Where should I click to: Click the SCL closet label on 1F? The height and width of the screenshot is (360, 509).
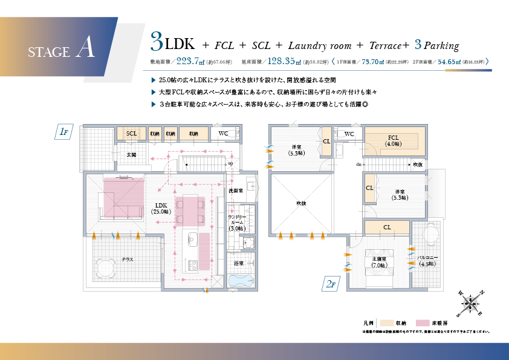pos(132,133)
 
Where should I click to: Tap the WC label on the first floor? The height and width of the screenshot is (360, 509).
pos(223,133)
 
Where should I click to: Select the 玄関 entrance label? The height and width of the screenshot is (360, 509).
pos(132,155)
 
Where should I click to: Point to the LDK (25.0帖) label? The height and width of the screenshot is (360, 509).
pos(161,208)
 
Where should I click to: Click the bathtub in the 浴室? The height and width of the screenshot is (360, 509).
pos(242,281)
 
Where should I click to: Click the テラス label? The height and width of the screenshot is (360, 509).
pos(128,260)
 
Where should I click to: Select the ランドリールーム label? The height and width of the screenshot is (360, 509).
pos(236,222)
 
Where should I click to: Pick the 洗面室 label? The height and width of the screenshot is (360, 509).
pos(236,191)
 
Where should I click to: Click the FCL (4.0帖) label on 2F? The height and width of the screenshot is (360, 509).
pos(394,140)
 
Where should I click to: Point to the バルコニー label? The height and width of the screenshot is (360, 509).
pos(427,260)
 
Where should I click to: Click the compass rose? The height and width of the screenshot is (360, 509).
pos(470,302)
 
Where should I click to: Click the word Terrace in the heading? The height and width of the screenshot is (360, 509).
pos(386,45)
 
